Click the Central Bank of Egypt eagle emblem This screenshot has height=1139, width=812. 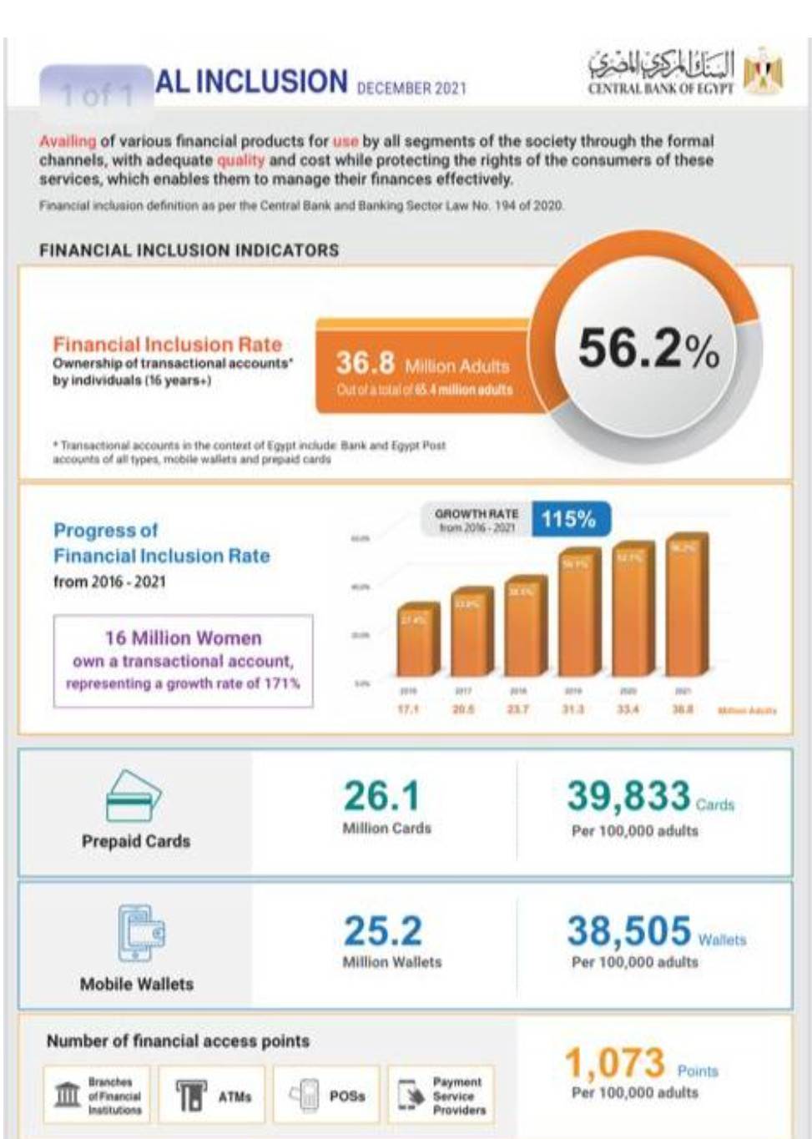(763, 73)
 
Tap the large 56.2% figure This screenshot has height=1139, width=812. (648, 349)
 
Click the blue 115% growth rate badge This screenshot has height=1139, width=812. (569, 519)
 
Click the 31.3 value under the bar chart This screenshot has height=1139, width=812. (572, 709)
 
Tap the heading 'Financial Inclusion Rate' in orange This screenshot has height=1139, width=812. (167, 345)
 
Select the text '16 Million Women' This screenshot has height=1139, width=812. (183, 638)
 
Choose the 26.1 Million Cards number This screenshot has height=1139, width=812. (381, 796)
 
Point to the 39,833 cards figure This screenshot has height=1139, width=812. (628, 796)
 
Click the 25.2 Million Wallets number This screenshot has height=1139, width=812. (383, 931)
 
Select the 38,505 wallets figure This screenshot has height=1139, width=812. (629, 930)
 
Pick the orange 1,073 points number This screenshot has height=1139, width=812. (615, 1063)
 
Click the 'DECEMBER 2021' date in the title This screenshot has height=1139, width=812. (411, 88)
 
